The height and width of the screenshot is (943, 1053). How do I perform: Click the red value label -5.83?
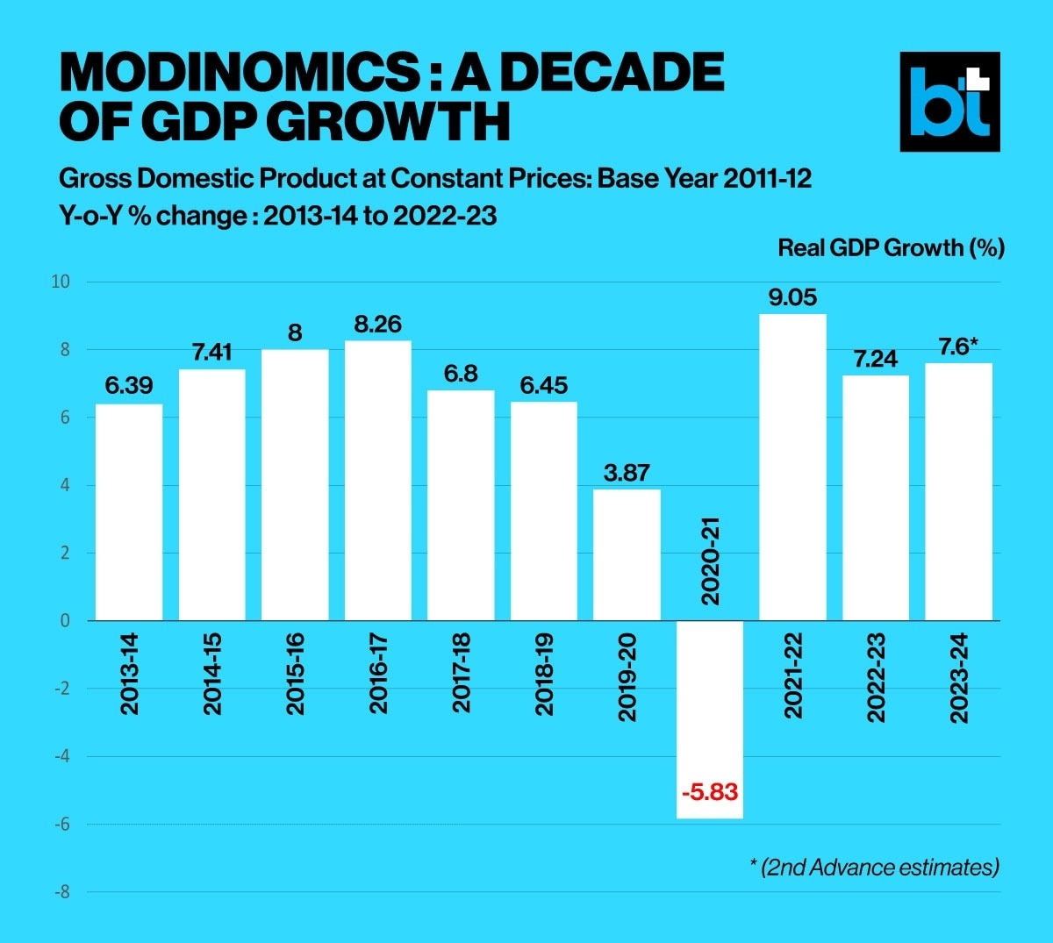click(710, 793)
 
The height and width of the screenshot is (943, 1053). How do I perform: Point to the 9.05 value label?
click(792, 297)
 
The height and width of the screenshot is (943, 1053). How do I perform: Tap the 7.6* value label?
click(959, 347)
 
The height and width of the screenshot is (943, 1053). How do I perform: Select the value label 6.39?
click(129, 386)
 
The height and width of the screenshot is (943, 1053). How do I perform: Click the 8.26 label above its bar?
click(377, 325)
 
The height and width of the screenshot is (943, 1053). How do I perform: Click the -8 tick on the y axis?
click(63, 892)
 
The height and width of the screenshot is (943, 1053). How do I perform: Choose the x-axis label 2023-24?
click(959, 678)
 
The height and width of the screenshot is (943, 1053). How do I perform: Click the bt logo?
click(949, 102)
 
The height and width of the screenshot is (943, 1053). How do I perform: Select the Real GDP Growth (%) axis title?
click(891, 248)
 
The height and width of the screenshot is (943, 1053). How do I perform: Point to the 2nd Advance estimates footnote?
click(875, 868)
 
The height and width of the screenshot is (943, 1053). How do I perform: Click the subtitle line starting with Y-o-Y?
click(277, 216)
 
